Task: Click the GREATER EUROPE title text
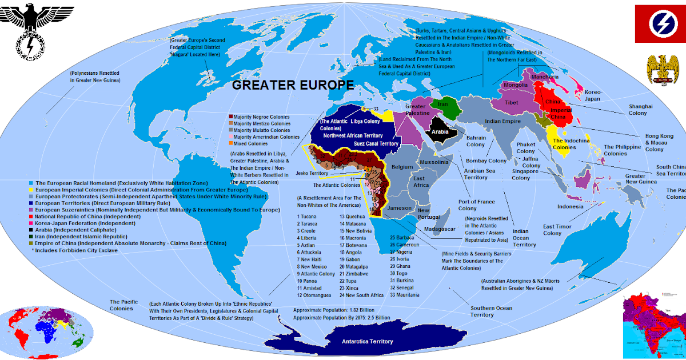click(x=293, y=85)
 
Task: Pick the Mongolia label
click(x=516, y=86)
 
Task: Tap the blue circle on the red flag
click(x=660, y=23)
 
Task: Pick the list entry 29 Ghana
click(x=400, y=266)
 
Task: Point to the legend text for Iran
click(x=78, y=236)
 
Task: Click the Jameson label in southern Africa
click(x=399, y=208)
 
